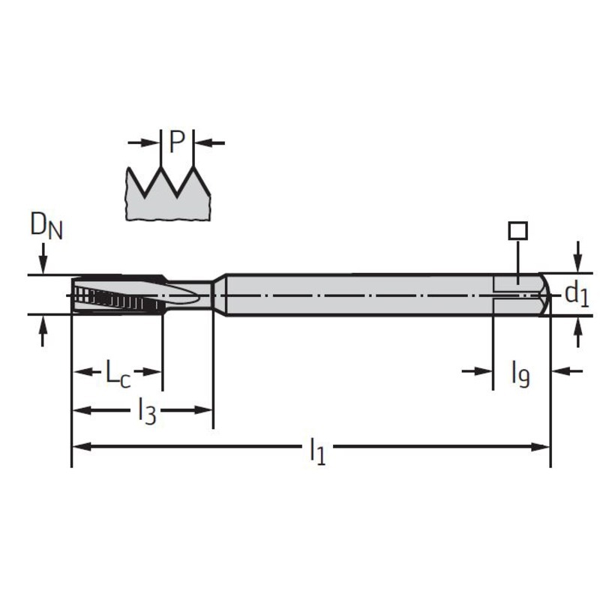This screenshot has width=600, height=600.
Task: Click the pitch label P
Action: coord(177,142)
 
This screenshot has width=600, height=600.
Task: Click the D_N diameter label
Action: coord(46,226)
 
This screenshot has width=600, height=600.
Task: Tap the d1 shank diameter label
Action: coord(577,295)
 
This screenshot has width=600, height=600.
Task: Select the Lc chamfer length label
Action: coord(118,373)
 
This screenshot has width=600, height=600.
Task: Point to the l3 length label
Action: coord(147,411)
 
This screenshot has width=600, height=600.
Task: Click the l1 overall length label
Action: coord(318,451)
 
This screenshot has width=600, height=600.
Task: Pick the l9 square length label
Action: coord(520,375)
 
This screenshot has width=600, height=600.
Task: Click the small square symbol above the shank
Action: coord(518,231)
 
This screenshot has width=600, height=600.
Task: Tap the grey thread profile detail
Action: coord(167,194)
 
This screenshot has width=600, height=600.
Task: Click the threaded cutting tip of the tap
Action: coord(118,295)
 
